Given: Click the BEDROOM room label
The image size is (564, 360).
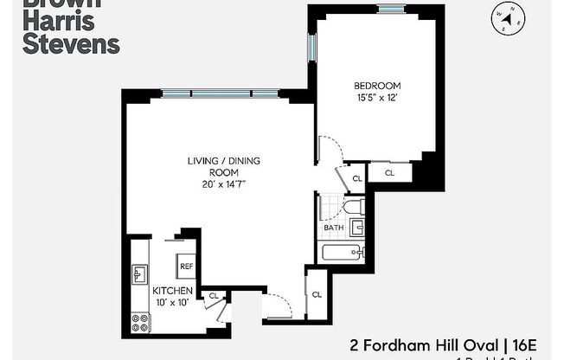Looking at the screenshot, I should click(377, 85).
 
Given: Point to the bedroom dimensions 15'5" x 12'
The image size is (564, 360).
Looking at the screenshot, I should click(377, 97).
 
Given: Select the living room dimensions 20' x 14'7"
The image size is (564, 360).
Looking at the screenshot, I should click(225, 183).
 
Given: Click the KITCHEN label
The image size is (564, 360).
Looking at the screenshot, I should click(172, 291).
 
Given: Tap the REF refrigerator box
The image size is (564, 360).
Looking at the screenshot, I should click(186, 267).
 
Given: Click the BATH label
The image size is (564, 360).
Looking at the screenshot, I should click(334, 228).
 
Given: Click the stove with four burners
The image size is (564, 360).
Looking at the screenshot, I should click(139, 323).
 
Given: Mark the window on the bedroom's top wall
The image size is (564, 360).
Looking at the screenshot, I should click(391, 9).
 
